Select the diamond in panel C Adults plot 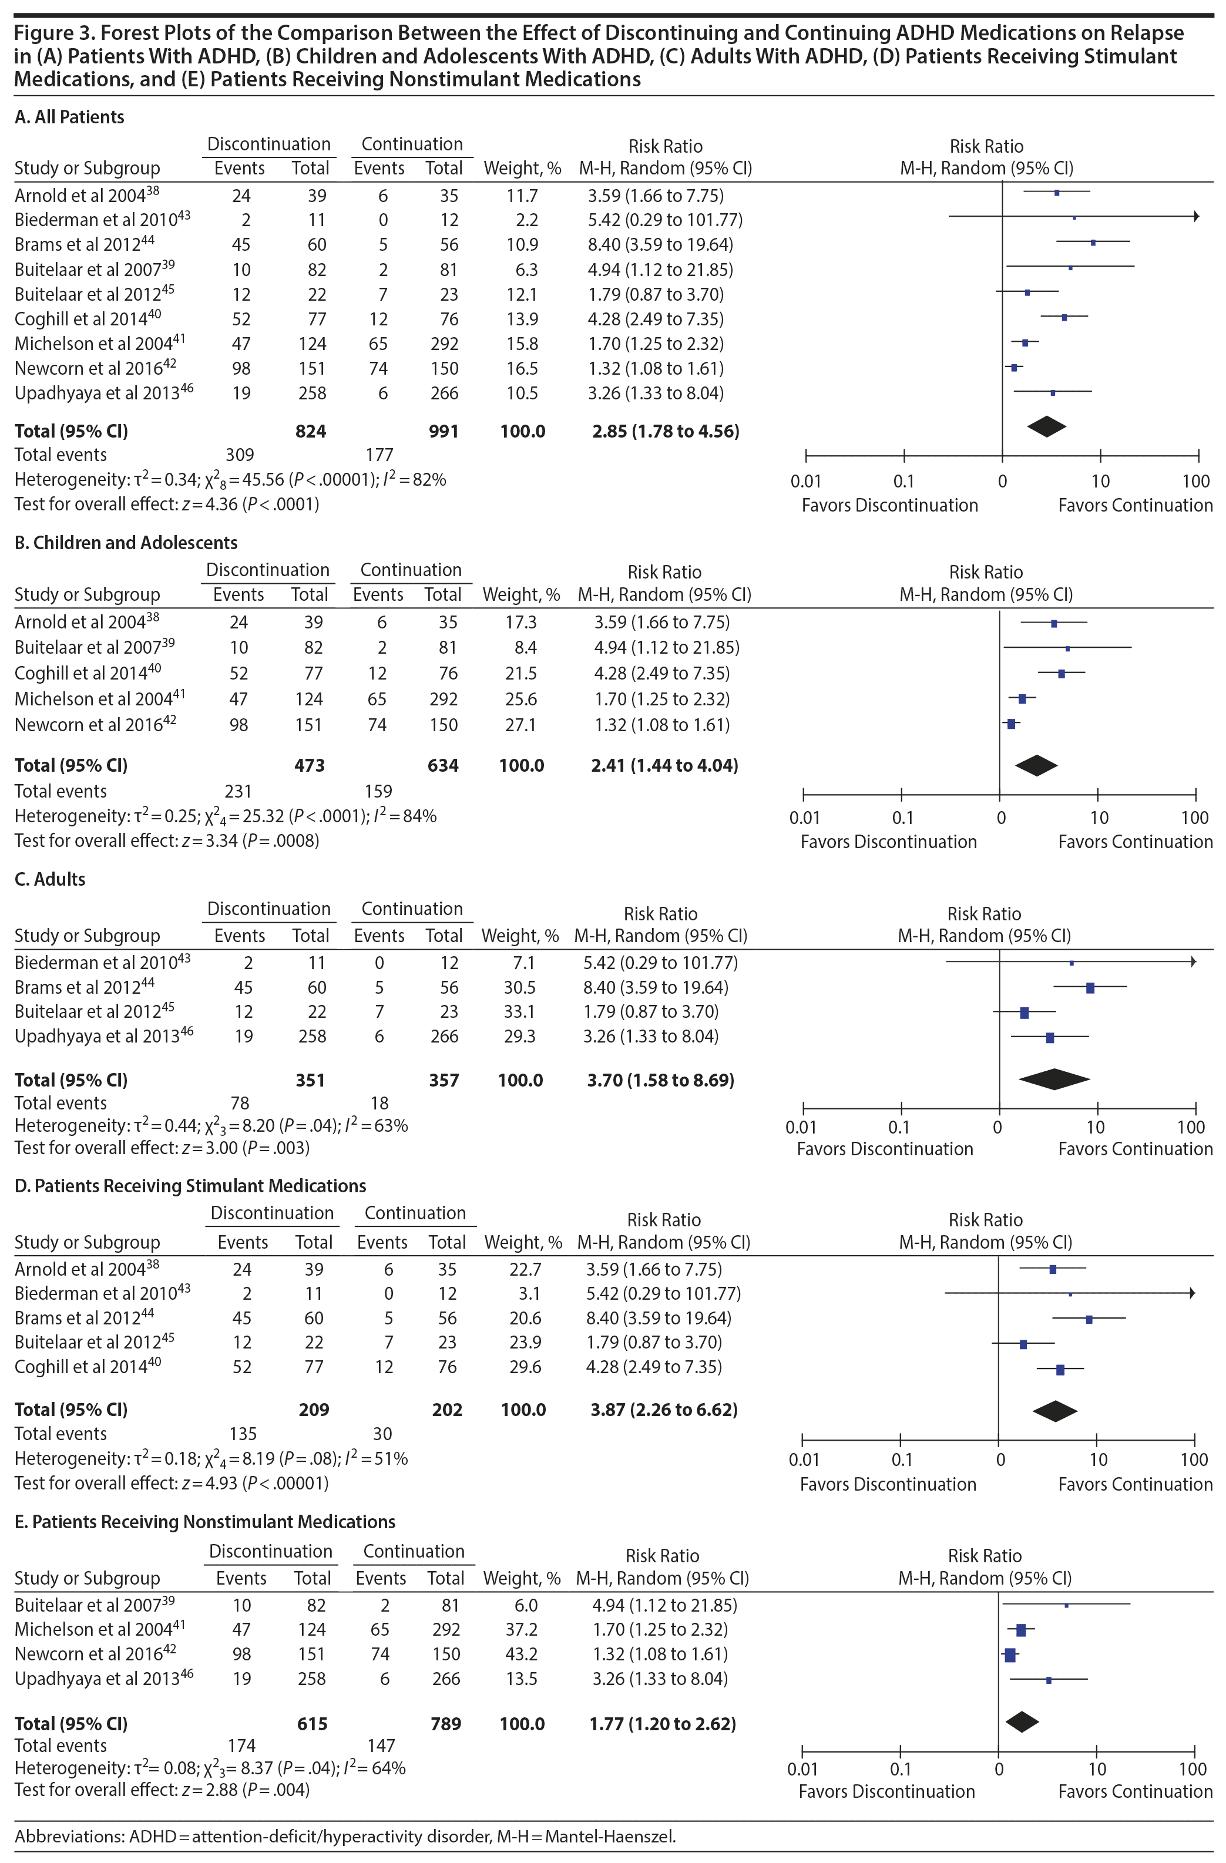click(1054, 1079)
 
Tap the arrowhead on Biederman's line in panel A click(1195, 216)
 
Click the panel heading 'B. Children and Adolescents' click(126, 543)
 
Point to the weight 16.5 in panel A click(522, 369)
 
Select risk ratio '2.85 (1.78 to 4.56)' click(666, 431)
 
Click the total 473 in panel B click(309, 765)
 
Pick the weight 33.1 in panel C click(520, 1011)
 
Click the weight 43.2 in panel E click(522, 1654)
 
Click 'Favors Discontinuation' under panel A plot click(889, 506)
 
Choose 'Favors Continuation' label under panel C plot click(1135, 1149)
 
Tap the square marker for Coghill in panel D click(1060, 1370)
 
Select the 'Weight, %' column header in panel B click(520, 595)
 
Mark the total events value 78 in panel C click(240, 1103)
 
